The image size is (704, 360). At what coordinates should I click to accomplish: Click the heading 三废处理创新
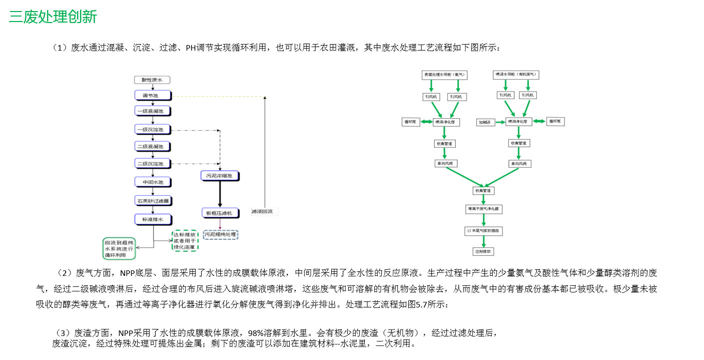click(53, 17)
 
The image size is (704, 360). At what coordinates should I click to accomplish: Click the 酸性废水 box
click(152, 80)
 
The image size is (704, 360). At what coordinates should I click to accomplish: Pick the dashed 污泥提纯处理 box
click(220, 234)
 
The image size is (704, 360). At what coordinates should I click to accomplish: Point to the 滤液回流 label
click(264, 212)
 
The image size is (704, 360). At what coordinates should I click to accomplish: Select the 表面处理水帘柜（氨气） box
click(444, 75)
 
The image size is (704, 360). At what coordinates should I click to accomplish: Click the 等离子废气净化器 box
click(483, 208)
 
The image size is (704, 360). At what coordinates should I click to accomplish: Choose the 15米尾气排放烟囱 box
click(483, 231)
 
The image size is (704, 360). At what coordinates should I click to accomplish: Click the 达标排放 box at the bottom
click(483, 251)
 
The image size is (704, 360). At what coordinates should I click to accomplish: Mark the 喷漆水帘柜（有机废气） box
click(516, 75)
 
